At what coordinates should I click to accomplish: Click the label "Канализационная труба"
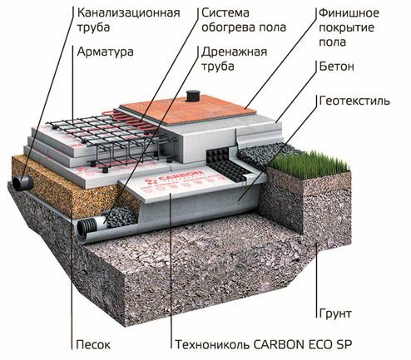(x=128, y=20)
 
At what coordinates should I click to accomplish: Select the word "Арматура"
(x=105, y=52)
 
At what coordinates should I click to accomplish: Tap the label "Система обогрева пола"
(x=244, y=20)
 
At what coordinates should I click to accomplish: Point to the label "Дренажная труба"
(x=234, y=59)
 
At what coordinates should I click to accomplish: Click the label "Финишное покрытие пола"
(x=349, y=27)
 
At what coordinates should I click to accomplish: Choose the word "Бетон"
(x=337, y=67)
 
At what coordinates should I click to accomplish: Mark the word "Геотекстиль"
(x=354, y=101)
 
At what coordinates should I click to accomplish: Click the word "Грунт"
(x=335, y=313)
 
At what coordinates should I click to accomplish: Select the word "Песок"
(x=93, y=345)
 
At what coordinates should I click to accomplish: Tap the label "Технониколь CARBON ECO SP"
(x=264, y=345)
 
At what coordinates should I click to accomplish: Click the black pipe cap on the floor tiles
(x=191, y=96)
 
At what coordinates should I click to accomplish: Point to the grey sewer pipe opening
(x=22, y=183)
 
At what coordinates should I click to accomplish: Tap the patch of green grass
(x=309, y=164)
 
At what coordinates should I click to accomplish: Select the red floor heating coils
(x=131, y=121)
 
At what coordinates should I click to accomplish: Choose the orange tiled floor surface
(x=188, y=110)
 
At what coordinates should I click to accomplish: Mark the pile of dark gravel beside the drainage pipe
(x=120, y=217)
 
